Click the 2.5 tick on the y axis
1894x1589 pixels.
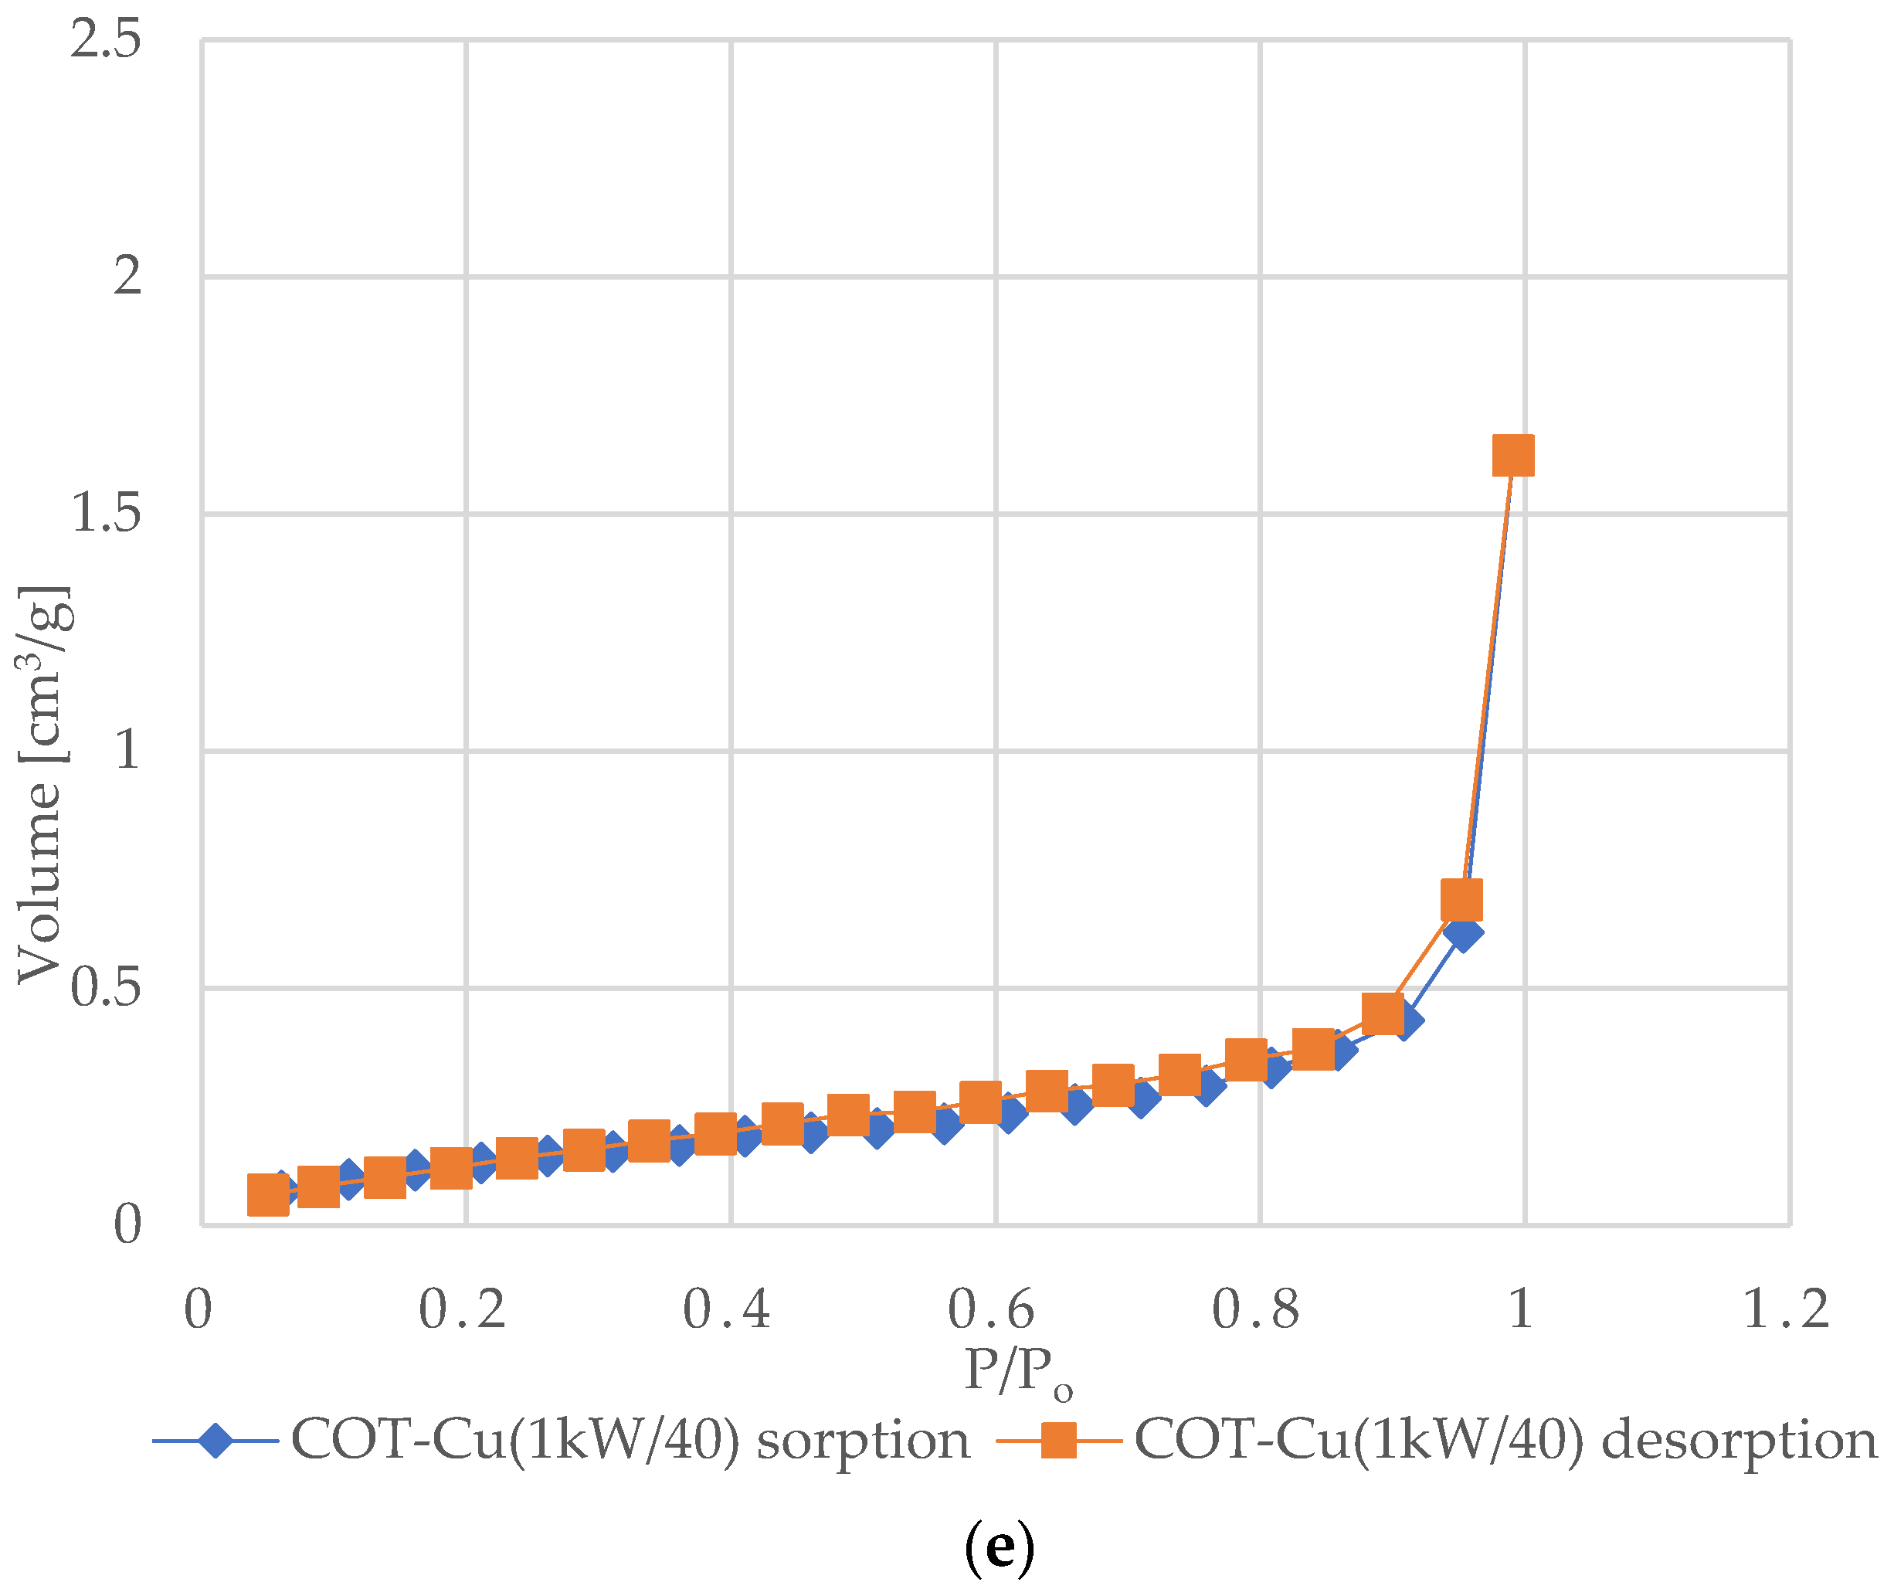(106, 41)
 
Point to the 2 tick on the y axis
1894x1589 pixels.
(127, 276)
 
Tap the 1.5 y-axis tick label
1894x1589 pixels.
(106, 514)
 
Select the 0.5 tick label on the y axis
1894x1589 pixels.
(106, 988)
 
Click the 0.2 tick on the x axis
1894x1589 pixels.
(463, 1309)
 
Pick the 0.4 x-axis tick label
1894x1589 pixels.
(727, 1309)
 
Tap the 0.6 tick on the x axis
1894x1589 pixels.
(991, 1309)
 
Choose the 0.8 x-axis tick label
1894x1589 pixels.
(1256, 1309)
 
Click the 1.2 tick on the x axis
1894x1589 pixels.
(1786, 1309)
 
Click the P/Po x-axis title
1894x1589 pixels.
(1017, 1374)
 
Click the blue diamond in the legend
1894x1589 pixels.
(216, 1440)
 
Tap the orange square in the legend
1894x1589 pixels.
(1059, 1440)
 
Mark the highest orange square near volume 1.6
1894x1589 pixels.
(1513, 456)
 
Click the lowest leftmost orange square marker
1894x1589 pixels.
(268, 1196)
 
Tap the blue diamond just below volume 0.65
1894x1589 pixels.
(1463, 932)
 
